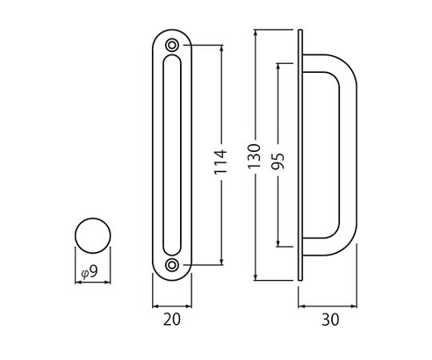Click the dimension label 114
point(221,162)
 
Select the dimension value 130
point(254,156)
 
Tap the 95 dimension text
point(278,161)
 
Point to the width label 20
point(172,319)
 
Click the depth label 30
point(330,320)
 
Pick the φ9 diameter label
point(90,272)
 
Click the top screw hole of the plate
point(172,45)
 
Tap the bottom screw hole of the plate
point(172,265)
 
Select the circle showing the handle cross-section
point(93,235)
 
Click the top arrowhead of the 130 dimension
point(256,33)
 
